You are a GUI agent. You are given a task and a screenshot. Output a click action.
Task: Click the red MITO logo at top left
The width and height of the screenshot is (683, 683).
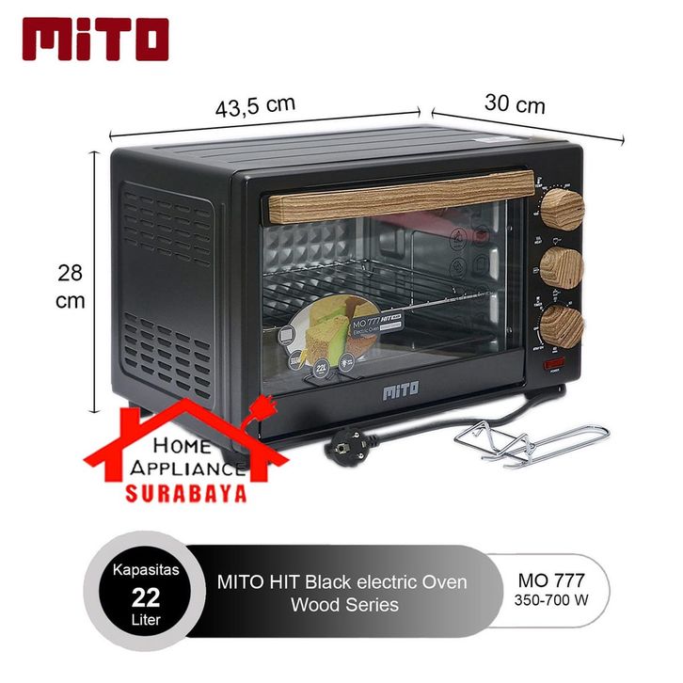(x=95, y=39)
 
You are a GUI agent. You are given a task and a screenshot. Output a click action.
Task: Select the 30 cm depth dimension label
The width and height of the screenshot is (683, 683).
(x=515, y=103)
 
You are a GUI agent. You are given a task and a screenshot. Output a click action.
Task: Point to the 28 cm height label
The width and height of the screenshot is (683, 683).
(x=71, y=287)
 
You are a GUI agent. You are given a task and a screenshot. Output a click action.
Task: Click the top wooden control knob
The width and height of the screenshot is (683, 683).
(x=563, y=204)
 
